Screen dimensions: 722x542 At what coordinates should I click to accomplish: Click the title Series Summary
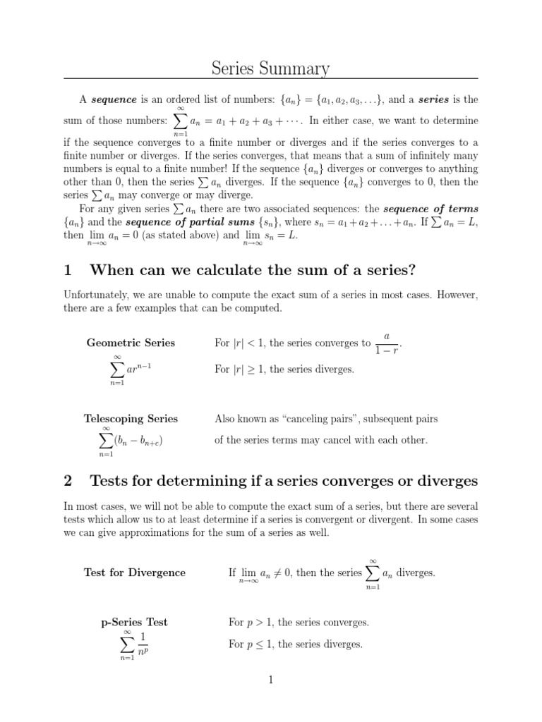271,68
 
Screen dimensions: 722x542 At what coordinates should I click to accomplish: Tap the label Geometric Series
131,343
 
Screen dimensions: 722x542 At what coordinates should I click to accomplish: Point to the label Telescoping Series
132,419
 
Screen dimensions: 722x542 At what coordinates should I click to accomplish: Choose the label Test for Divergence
135,573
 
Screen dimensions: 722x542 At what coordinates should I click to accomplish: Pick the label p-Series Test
135,623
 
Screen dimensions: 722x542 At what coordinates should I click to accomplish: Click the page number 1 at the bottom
270,680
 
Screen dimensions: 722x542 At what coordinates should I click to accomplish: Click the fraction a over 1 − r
387,343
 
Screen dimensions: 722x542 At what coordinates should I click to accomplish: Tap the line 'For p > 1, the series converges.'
299,623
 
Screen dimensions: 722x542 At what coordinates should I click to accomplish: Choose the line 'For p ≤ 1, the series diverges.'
296,644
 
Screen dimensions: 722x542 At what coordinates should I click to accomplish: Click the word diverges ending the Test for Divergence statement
416,573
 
